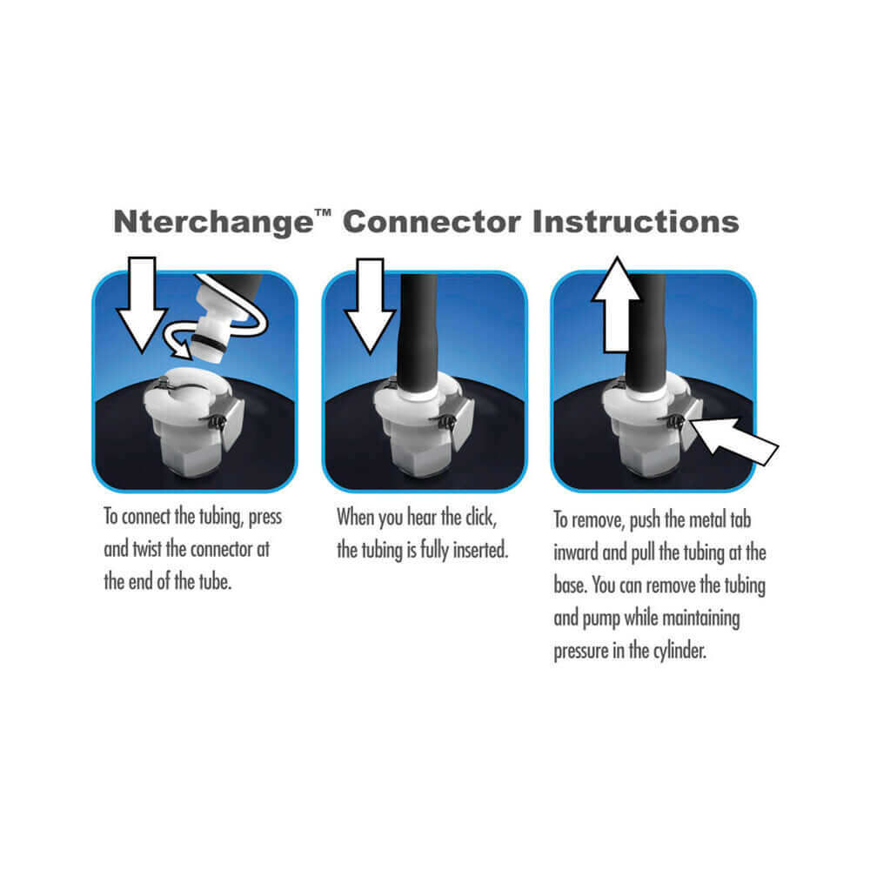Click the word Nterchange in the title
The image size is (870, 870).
[x=215, y=223]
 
